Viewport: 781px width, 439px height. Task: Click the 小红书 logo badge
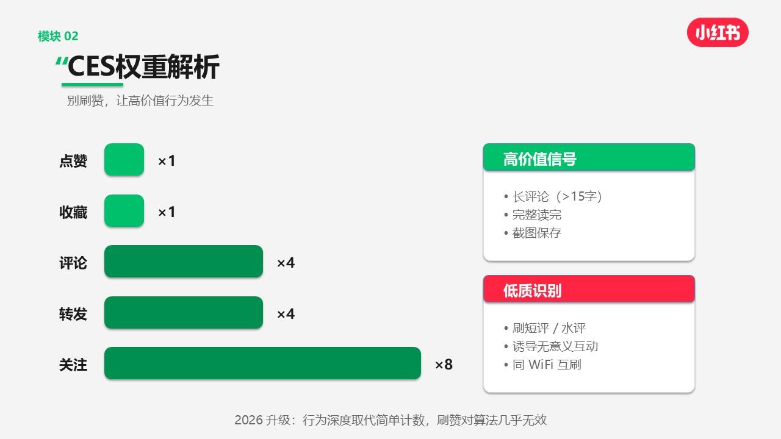click(718, 32)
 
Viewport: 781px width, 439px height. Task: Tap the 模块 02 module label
click(58, 36)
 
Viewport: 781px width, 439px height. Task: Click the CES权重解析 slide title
click(143, 66)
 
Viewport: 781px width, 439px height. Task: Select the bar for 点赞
click(124, 160)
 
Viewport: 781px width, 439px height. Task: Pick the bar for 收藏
click(124, 211)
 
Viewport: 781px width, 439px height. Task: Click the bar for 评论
click(184, 262)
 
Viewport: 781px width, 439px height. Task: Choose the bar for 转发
click(184, 313)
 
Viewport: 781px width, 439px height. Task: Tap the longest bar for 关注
click(262, 363)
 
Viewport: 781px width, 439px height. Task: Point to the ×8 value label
click(444, 365)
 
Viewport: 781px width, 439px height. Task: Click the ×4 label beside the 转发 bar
click(286, 314)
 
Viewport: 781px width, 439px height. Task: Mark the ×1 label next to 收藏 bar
click(167, 212)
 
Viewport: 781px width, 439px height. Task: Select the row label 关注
click(73, 365)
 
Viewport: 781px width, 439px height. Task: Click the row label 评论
click(73, 263)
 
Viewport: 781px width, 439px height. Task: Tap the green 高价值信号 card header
click(589, 157)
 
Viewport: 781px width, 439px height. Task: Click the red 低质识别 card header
click(589, 289)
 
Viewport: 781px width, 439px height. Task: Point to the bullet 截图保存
click(533, 233)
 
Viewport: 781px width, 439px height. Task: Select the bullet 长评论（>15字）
click(553, 196)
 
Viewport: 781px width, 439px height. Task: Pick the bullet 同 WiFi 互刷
click(543, 365)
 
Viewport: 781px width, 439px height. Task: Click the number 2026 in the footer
click(248, 420)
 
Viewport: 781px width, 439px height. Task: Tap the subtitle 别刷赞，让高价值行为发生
click(140, 101)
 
